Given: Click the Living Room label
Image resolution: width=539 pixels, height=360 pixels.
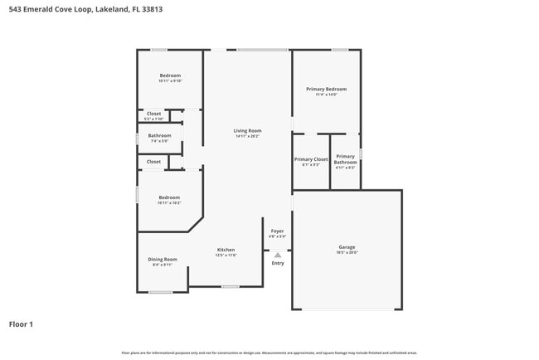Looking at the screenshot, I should pos(247,130).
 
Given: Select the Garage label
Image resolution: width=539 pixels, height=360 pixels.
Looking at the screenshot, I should pos(347,247).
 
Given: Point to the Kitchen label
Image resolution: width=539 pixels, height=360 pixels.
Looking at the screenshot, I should pos(226,250).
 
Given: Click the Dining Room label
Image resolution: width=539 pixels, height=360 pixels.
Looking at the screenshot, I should pos(163,259).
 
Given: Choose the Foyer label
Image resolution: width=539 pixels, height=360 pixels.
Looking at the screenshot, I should pos(277,231).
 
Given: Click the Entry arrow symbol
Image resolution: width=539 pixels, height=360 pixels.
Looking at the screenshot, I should pos(278,255).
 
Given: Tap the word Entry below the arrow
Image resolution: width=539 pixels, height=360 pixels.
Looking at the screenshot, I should pos(278,264).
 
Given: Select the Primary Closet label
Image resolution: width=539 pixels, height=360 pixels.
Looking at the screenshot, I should pos(310,158).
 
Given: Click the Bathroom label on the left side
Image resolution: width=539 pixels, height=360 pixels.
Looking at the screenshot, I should pos(159,135).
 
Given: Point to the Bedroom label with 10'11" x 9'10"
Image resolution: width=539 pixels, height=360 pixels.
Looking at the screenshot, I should pos(170,75).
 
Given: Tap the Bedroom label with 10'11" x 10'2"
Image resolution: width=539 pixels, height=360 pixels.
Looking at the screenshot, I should pos(169,197).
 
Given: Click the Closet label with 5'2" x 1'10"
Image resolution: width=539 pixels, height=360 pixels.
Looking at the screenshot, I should pos(153,114).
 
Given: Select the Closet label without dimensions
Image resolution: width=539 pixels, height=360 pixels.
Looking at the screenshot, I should pos(153,162).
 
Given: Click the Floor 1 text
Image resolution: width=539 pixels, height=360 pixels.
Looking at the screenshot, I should pos(21,324).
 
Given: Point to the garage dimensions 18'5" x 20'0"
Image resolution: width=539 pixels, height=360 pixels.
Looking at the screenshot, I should pos(347,253).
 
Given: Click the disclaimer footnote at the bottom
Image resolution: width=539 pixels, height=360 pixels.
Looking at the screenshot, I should pos(269,353).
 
